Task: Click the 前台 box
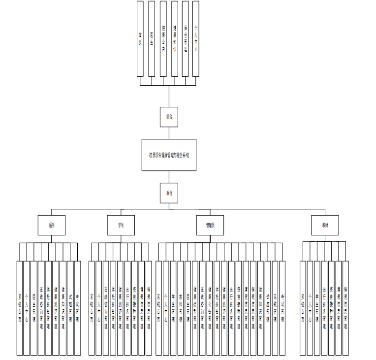tap(169, 117)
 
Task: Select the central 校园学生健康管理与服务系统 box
tap(169, 155)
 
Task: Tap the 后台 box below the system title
tap(169, 193)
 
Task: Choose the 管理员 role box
tap(210, 225)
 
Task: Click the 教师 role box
tap(325, 225)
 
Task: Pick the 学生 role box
tap(121, 225)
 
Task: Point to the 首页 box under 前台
tap(140, 38)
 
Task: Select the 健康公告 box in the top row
tap(163, 38)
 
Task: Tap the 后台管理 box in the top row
tap(185, 38)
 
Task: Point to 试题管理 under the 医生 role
tap(70, 308)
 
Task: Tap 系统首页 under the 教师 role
tap(303, 308)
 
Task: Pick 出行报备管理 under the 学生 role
tap(127, 308)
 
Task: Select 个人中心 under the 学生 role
tap(99, 308)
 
